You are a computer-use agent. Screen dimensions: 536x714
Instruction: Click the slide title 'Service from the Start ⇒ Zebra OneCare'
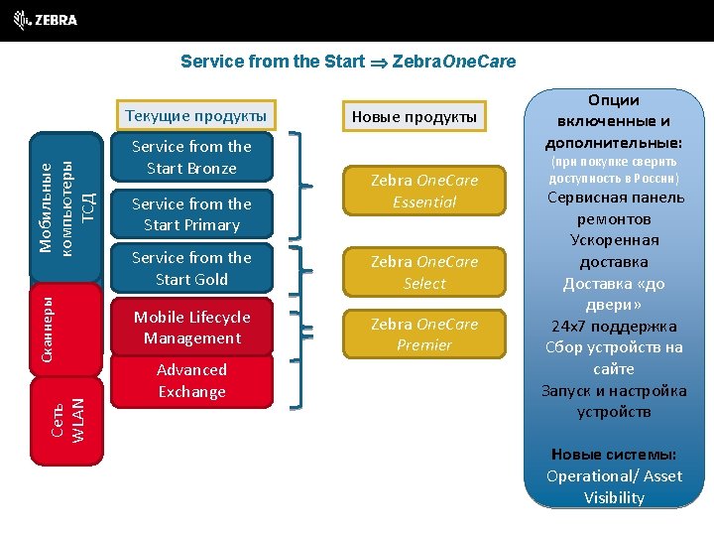(x=348, y=62)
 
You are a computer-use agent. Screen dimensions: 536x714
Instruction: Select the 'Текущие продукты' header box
(x=194, y=115)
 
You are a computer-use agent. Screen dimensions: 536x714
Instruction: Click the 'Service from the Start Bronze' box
(x=192, y=157)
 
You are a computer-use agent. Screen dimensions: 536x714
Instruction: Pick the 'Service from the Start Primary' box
(x=192, y=214)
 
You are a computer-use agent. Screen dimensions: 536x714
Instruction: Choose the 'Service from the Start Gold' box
(x=192, y=268)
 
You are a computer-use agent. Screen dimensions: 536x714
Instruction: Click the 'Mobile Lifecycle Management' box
(x=192, y=328)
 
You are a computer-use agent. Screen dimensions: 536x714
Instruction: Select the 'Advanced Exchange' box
(x=192, y=380)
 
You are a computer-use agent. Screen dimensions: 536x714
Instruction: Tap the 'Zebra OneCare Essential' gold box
(x=424, y=192)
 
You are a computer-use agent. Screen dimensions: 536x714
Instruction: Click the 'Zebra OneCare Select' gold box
(x=424, y=272)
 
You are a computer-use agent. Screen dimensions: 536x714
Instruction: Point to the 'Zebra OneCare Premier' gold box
(x=424, y=335)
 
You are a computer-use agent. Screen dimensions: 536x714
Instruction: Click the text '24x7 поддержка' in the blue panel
(x=614, y=327)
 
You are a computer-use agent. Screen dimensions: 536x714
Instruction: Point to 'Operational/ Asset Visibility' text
(x=614, y=486)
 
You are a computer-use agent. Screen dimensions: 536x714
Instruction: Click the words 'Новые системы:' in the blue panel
(x=614, y=455)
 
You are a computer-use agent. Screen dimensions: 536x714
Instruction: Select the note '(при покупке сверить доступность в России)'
(x=614, y=170)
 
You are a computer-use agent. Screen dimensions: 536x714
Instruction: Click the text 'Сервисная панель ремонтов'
(x=614, y=207)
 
